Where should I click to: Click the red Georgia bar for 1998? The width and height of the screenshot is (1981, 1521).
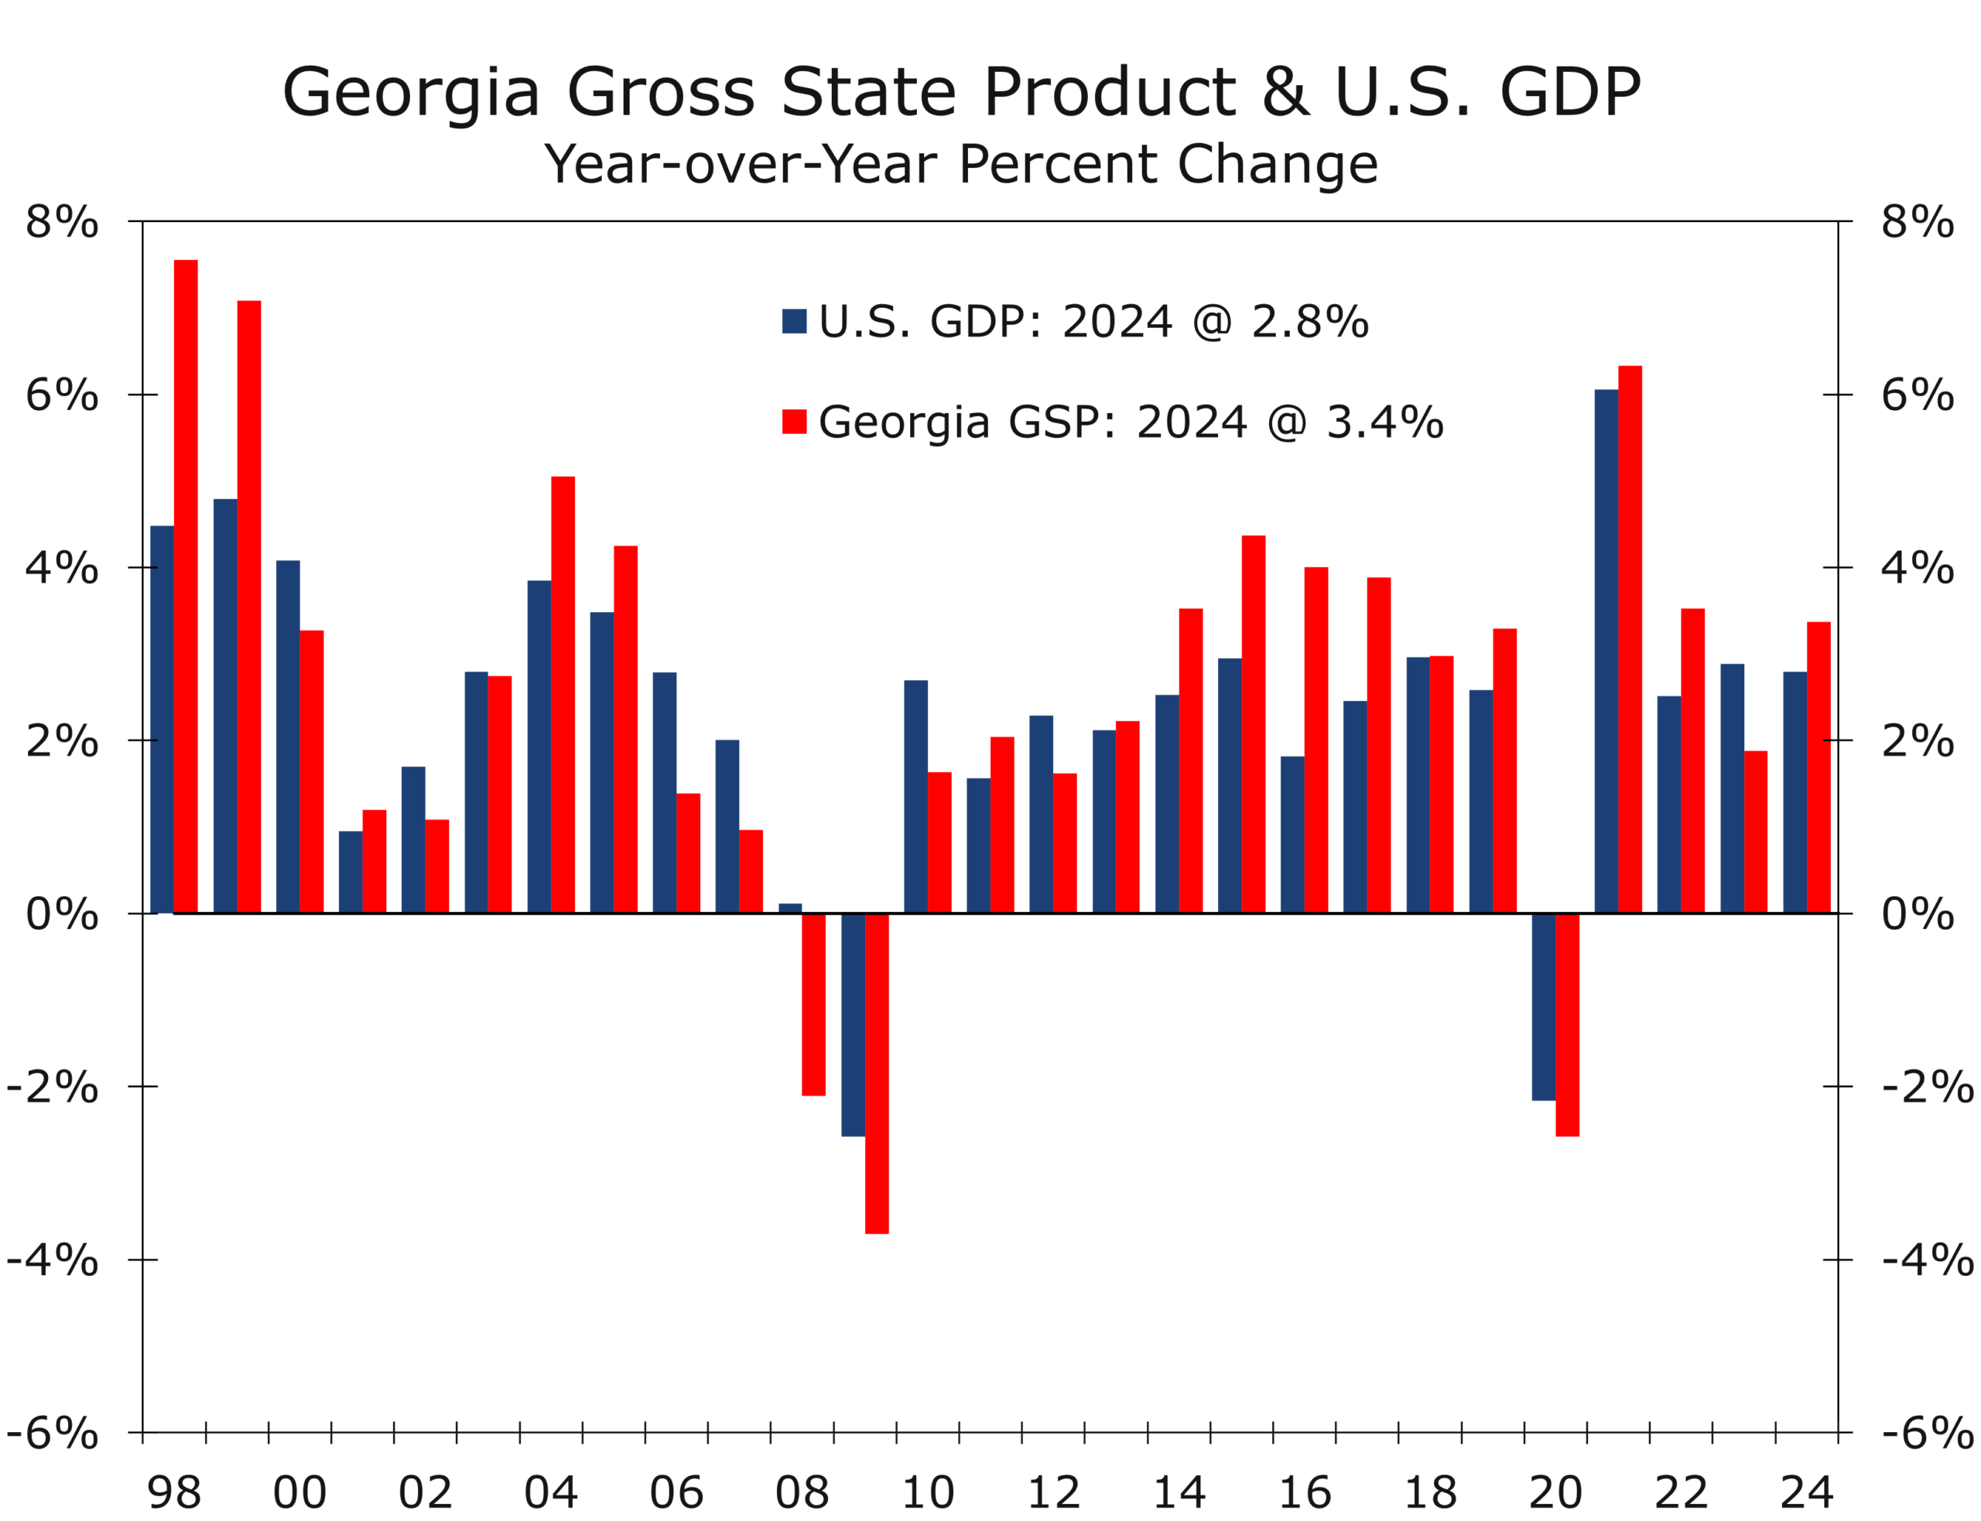186,586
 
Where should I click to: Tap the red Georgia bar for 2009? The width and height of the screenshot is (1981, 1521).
877,1073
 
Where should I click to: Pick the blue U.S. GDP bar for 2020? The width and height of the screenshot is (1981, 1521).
1543,1007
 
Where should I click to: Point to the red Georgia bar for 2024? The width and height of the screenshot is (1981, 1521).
1818,767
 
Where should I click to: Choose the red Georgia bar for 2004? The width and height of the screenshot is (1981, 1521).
563,695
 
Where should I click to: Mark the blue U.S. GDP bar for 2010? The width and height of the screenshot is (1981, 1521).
915,797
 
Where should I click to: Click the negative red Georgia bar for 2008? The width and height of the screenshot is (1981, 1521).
813,1004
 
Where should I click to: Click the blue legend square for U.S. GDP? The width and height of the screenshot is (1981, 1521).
794,321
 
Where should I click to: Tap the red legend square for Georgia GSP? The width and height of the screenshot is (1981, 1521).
794,422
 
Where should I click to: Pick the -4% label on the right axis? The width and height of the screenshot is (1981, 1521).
1928,1260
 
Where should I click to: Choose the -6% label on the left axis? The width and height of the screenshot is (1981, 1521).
52,1433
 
